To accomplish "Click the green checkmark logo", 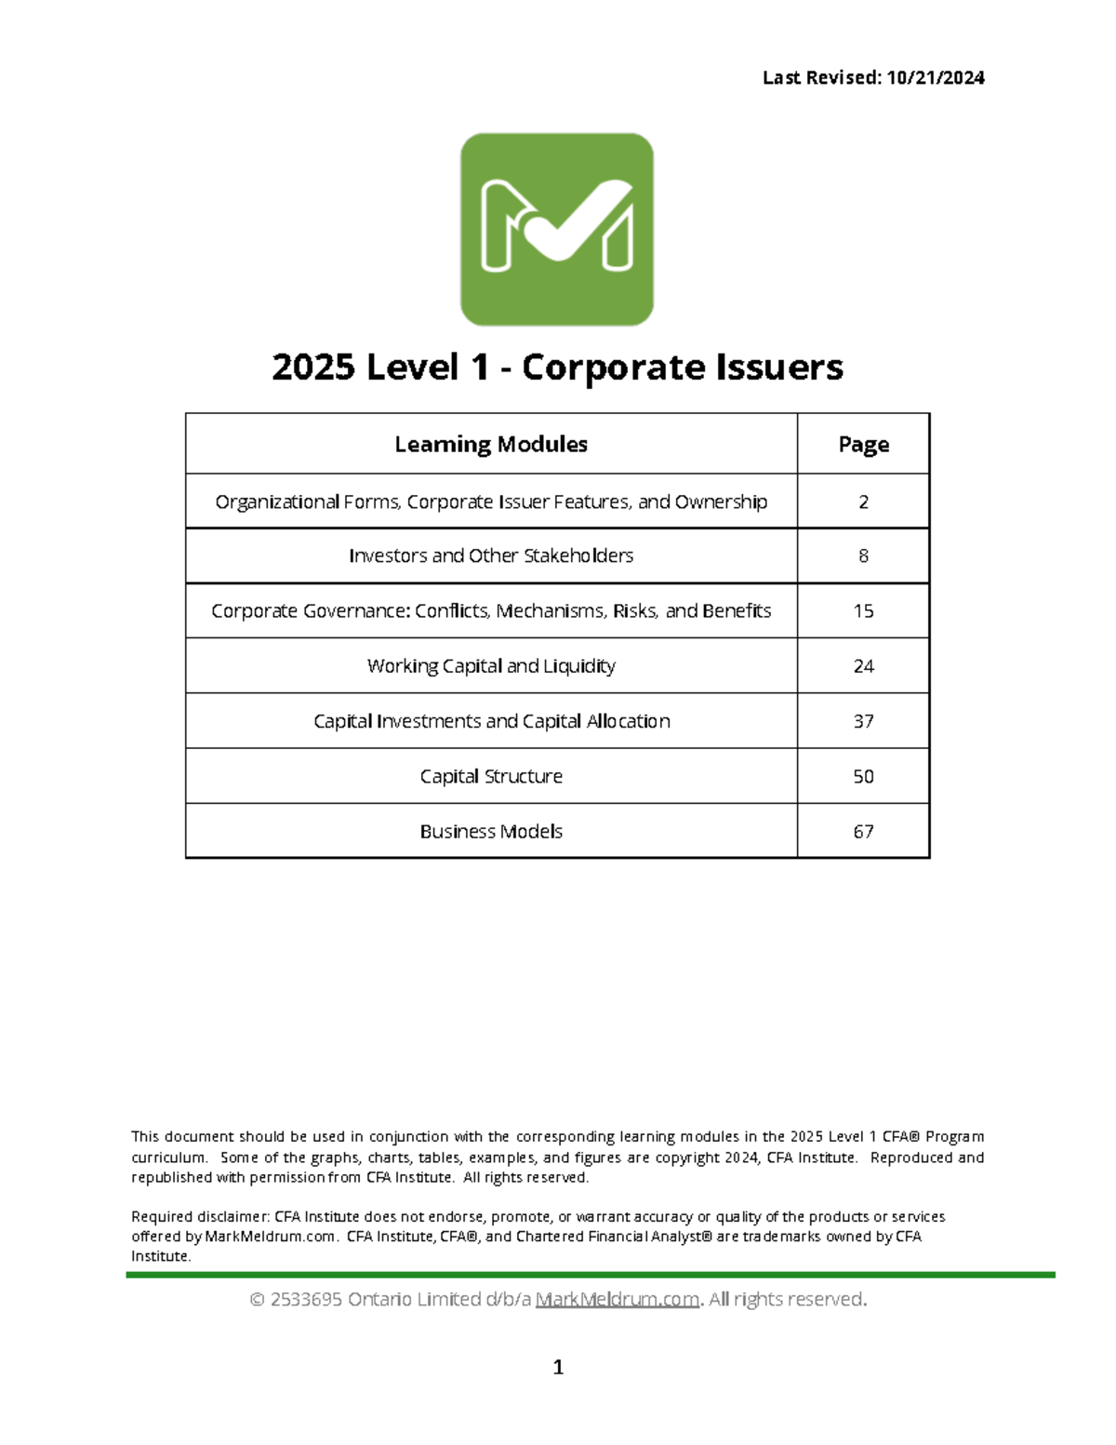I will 557,229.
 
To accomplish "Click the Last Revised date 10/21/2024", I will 935,78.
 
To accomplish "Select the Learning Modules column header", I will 491,444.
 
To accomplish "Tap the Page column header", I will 863,444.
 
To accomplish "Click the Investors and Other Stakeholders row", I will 491,555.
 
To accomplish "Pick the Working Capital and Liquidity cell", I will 491,666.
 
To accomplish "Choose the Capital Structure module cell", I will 491,776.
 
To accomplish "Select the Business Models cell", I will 491,831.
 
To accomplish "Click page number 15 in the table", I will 863,611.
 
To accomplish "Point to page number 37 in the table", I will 863,721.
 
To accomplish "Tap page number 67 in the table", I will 863,831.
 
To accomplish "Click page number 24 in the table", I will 863,666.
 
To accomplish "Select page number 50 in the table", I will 863,776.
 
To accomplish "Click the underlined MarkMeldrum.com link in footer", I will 618,1299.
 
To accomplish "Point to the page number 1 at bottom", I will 558,1367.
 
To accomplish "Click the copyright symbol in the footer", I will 258,1299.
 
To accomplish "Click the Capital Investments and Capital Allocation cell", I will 491,721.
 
